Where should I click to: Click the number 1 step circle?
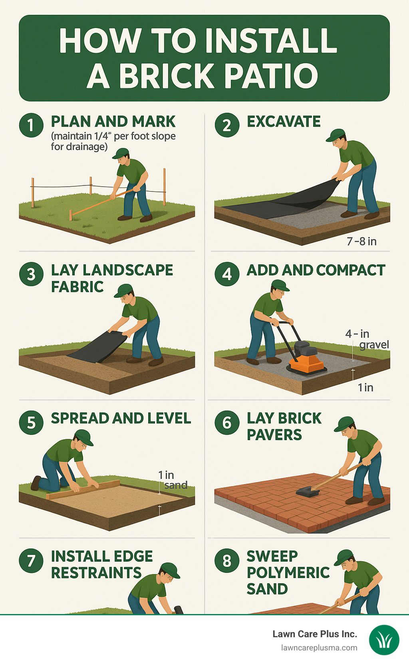[31, 125]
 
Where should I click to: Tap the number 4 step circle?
[227, 274]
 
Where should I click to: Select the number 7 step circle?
[31, 560]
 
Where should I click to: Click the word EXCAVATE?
[284, 122]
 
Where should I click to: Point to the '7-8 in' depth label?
[361, 241]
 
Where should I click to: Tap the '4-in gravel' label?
[367, 339]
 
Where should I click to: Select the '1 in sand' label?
[173, 480]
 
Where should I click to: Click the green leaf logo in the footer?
[384, 640]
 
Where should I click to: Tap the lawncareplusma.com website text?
[319, 648]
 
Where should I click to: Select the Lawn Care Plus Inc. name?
[315, 634]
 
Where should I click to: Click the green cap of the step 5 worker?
[84, 436]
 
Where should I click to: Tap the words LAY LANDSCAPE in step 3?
[112, 270]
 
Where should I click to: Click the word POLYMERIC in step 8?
[288, 572]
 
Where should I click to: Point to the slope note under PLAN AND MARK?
[113, 142]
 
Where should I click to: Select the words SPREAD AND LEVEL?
[121, 418]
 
